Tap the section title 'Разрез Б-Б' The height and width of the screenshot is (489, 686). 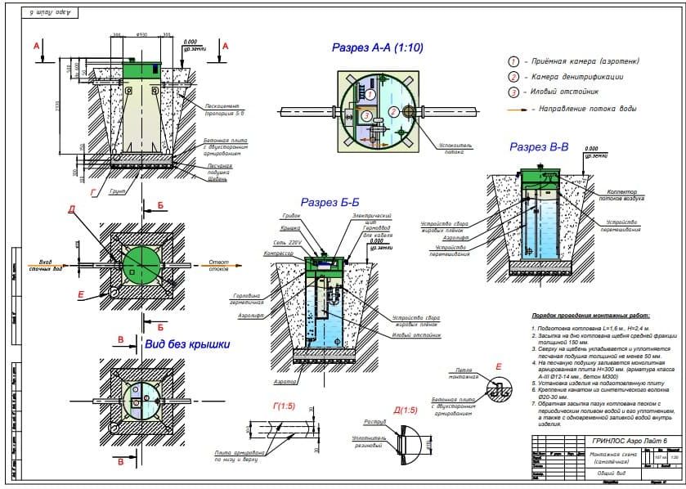pos(333,201)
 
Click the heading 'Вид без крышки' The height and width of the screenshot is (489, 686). pos(186,343)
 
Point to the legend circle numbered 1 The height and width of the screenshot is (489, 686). pos(513,61)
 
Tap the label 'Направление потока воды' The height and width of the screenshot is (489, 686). pos(583,108)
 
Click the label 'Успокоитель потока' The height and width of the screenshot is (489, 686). pos(455,148)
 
